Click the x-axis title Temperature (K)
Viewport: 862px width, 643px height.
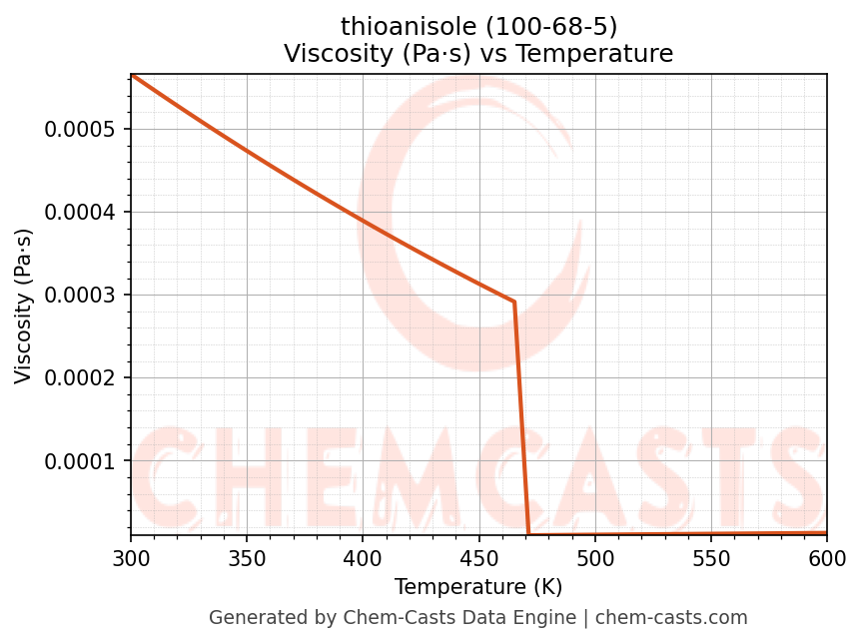[x=478, y=587]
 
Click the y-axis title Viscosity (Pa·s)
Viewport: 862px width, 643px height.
[x=24, y=306]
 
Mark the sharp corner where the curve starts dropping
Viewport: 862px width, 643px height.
[x=514, y=302]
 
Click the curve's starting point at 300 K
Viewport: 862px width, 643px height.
[x=132, y=75]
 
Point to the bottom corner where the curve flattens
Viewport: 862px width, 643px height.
[x=528, y=534]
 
